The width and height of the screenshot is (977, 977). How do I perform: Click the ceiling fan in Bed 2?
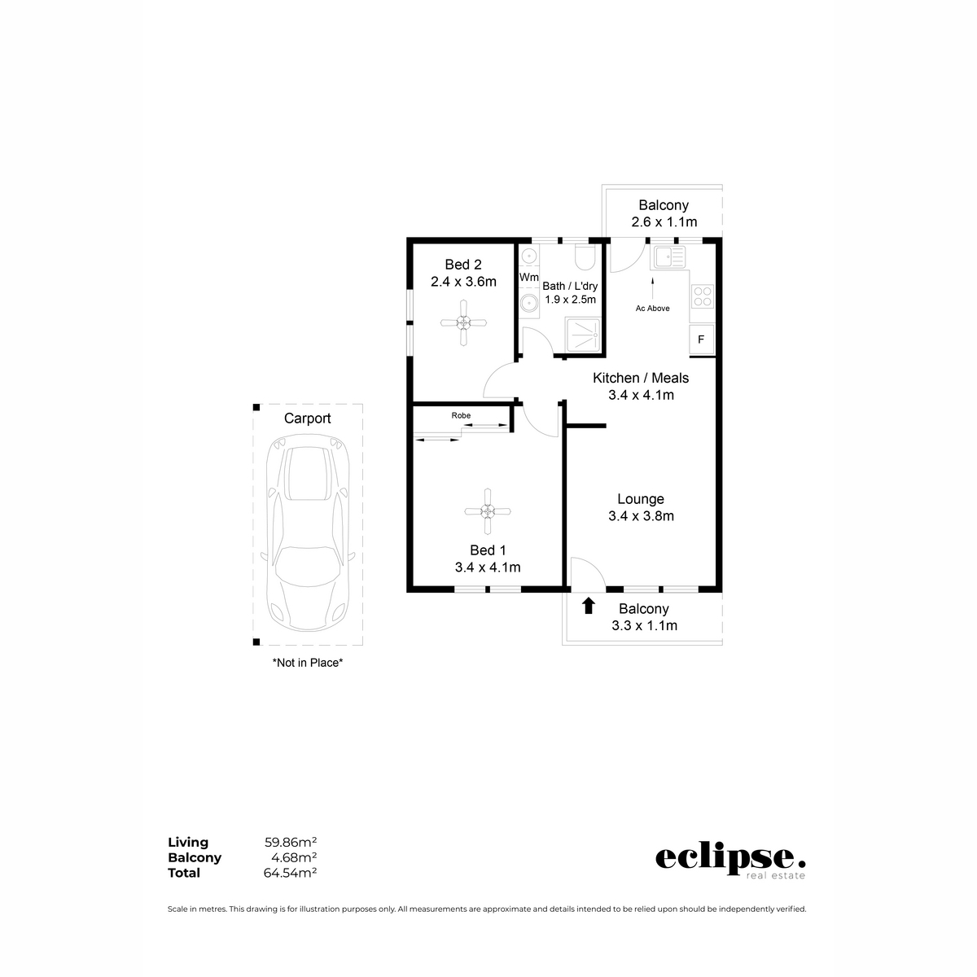463,322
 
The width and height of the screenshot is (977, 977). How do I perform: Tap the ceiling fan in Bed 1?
487,511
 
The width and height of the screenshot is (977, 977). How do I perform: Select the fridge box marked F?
701,340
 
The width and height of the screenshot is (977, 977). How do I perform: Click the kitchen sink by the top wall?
668,258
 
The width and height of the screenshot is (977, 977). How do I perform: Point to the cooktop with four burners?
702,297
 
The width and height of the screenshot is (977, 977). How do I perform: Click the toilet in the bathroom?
584,258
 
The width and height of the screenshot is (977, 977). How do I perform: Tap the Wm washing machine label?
529,278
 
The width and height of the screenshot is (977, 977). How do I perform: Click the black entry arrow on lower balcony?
589,606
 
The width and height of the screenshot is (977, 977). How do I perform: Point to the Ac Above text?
652,309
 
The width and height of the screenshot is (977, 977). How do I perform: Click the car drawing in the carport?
307,537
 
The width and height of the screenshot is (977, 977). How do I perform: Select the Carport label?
307,418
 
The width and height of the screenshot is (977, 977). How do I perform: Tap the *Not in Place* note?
307,664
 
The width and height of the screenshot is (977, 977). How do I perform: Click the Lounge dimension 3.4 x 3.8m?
641,516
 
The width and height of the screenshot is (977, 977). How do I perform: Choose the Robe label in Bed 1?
461,415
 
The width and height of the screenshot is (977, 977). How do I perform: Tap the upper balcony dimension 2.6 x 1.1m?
664,222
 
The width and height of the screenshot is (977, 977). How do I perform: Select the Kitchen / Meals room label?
641,378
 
